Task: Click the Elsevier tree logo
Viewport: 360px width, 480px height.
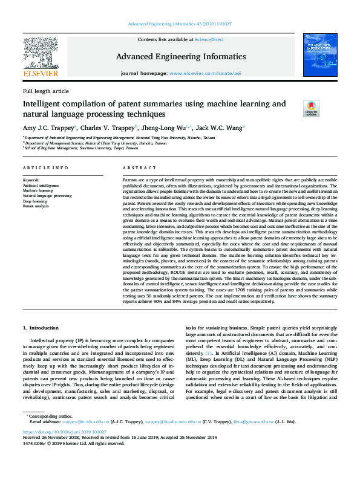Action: click(41, 55)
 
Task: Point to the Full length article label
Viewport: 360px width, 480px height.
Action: click(45, 91)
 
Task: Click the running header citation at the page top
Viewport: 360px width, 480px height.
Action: click(180, 24)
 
